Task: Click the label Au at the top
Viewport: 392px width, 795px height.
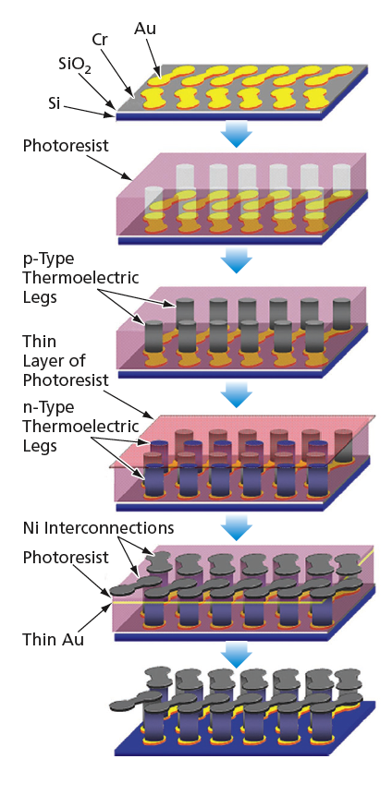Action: (x=145, y=29)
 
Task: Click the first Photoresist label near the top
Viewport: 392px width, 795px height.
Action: (x=66, y=146)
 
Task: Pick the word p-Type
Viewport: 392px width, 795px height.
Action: (x=48, y=259)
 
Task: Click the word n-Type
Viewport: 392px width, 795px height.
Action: (x=48, y=407)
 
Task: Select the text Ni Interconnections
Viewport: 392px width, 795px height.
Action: (x=99, y=528)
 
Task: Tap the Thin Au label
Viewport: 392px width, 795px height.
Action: (x=53, y=639)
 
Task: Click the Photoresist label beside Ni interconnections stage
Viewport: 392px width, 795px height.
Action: (x=66, y=558)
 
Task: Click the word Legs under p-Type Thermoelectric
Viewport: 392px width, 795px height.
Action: (x=40, y=297)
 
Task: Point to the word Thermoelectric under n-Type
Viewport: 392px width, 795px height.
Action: (x=80, y=427)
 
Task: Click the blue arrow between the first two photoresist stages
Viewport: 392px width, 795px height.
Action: (x=237, y=261)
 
